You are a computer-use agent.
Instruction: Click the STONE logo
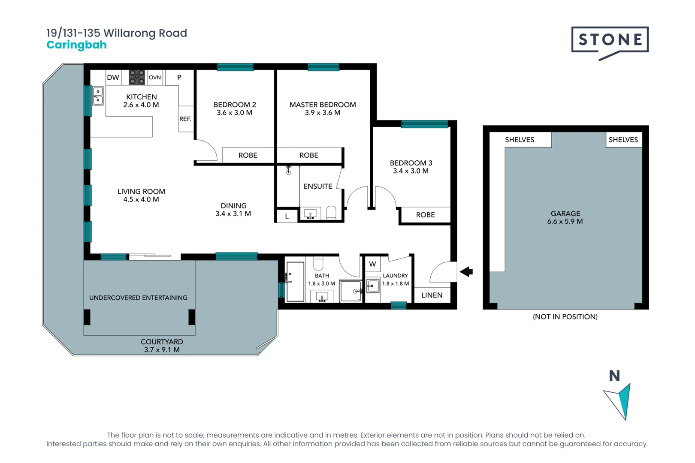(610, 40)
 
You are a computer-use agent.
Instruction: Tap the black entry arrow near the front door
(466, 271)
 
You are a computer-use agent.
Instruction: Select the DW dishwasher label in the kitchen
(113, 78)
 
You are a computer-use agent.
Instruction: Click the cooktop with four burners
(137, 78)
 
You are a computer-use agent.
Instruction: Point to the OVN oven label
(154, 78)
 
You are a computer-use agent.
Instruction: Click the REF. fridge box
(185, 119)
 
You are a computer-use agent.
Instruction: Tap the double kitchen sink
(98, 96)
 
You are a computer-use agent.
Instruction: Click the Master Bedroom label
(323, 105)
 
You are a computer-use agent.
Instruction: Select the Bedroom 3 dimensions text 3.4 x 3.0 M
(411, 171)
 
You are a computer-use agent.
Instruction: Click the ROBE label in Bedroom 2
(248, 155)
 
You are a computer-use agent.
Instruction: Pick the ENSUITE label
(317, 186)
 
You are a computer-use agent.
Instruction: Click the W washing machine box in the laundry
(372, 264)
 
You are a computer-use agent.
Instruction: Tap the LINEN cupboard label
(432, 295)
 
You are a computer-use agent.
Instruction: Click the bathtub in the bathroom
(295, 282)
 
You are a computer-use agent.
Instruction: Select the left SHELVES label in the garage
(520, 140)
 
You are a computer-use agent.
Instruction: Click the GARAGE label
(565, 213)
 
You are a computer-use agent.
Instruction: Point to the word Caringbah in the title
(76, 45)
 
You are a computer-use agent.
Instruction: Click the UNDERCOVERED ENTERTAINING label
(138, 298)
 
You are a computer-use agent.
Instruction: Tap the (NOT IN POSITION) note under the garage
(565, 317)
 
